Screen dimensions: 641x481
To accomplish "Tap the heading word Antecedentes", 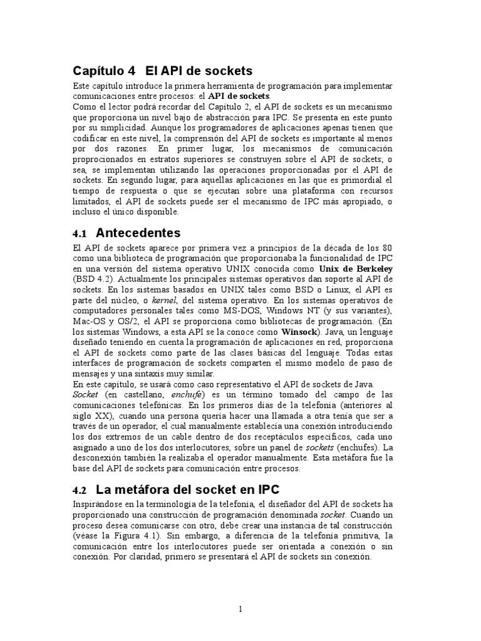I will click(x=138, y=233).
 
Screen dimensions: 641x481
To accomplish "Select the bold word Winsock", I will click(x=299, y=332).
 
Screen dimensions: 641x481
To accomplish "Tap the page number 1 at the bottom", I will click(x=240, y=608).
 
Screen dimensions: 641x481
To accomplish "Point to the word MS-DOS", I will click(x=246, y=310).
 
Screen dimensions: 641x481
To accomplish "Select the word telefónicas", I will click(x=145, y=405).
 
